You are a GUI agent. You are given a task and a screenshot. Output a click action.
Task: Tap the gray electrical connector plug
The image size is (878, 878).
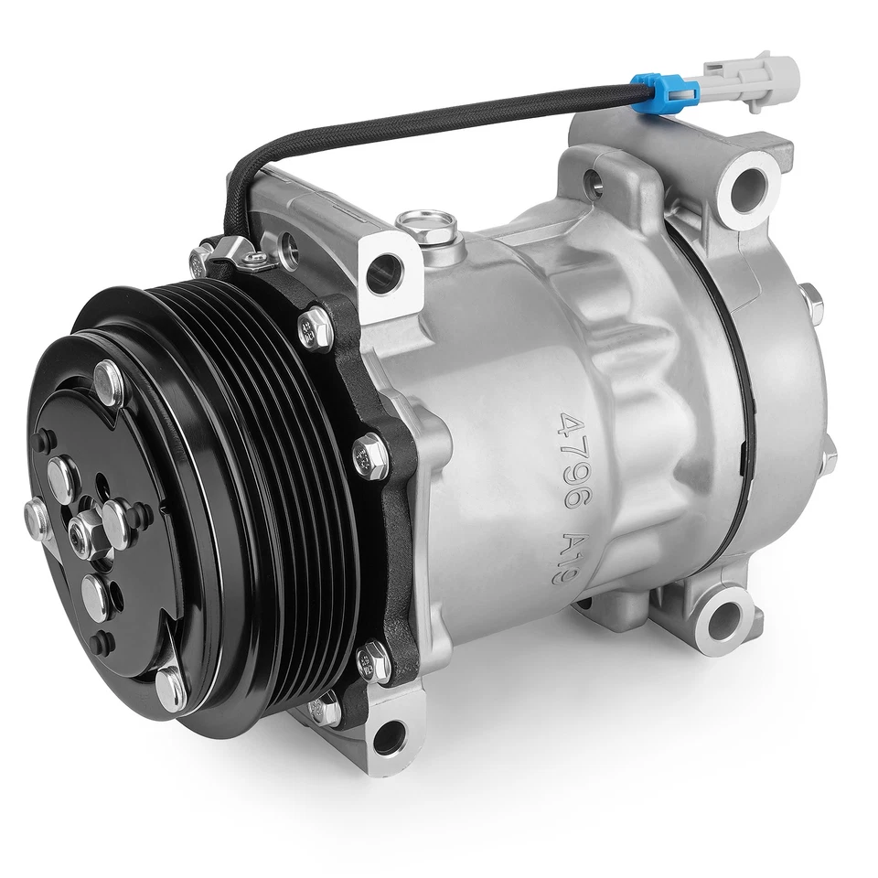757,77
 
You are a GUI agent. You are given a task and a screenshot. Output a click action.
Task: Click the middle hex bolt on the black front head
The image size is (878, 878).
369,452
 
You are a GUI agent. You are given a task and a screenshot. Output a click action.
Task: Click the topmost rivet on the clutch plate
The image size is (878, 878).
109,377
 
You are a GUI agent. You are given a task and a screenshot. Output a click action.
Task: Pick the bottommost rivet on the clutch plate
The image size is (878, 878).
168,686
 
